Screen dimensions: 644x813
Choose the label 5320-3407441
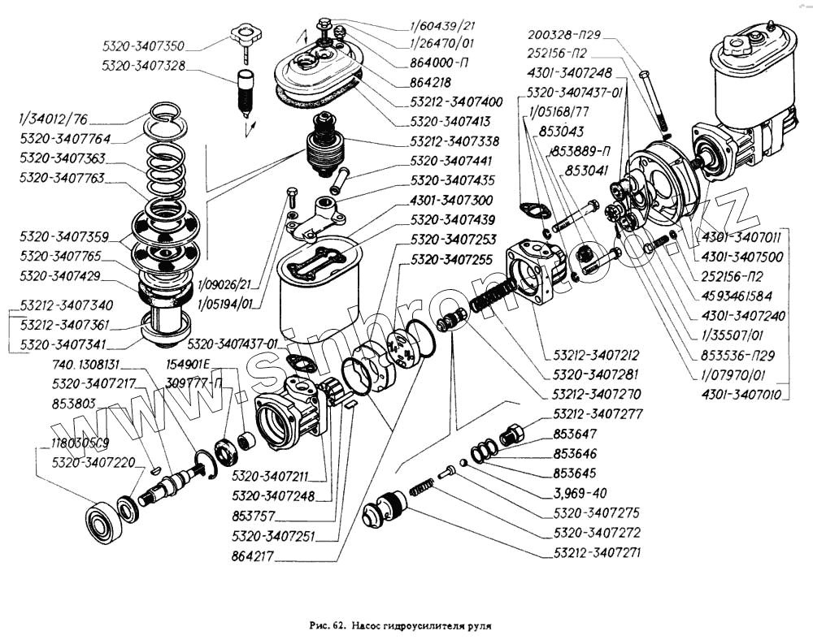[451, 161]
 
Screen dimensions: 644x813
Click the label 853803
[74, 403]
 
